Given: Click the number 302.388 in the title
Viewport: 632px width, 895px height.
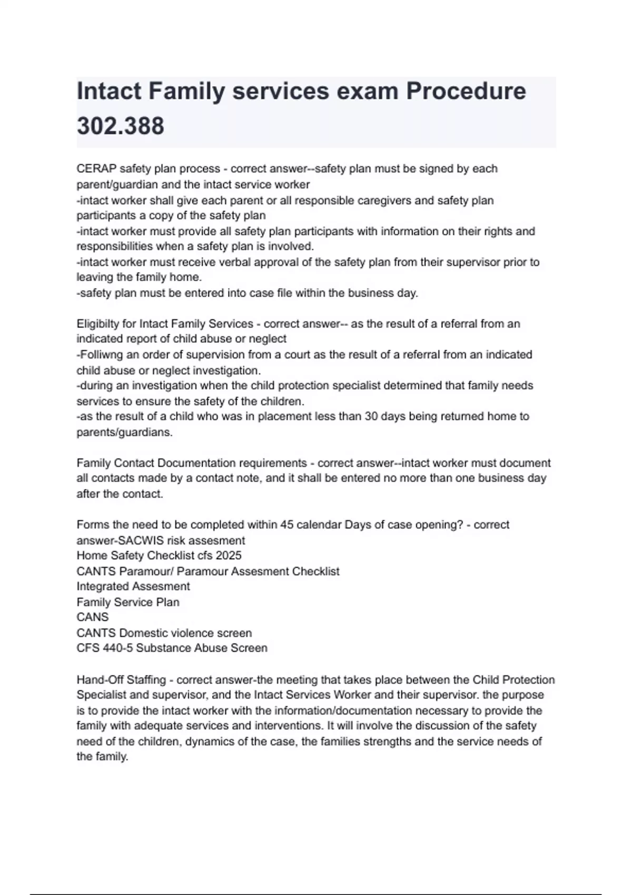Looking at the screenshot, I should point(121,126).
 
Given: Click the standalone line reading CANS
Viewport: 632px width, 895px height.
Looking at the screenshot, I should point(93,617).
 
